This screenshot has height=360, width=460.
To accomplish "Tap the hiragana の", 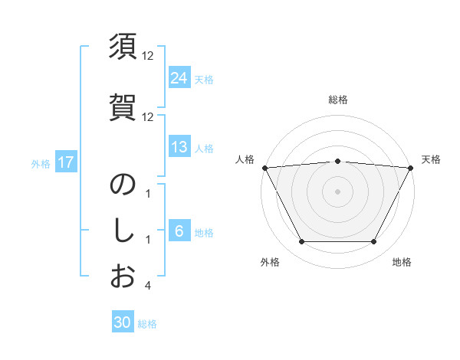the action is point(123,185).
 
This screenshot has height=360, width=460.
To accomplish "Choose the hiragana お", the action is point(123,276).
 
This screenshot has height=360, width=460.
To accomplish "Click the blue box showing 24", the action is point(179,77).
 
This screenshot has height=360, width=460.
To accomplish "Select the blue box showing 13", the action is point(179,147).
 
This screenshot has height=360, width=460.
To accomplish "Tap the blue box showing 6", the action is point(179,231).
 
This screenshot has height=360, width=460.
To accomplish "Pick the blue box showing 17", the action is point(65,162).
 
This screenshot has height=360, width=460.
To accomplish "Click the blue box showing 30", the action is point(123,322).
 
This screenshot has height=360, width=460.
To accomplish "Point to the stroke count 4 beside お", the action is point(147,286).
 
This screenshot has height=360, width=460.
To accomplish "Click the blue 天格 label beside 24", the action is point(204,79).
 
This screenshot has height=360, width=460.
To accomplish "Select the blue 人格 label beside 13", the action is point(204,148).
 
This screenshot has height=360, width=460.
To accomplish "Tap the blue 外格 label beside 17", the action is point(41,163).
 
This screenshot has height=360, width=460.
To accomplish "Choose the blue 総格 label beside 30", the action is point(147,323).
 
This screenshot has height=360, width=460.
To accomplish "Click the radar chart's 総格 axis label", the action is point(338,100).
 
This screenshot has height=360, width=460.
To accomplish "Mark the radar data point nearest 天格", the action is point(410,168).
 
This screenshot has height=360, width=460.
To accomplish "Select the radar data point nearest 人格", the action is point(265,168).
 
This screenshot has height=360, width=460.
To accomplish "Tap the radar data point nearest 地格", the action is point(374,242).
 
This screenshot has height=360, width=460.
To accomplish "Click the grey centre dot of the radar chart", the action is point(338,191).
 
